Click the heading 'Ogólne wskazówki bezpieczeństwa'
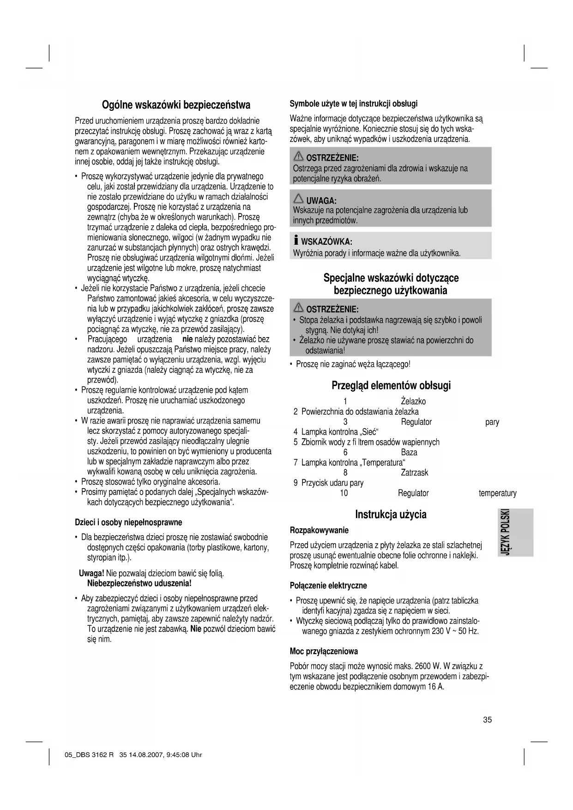click(x=176, y=104)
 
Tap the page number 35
click(x=488, y=719)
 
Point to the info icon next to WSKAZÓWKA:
click(x=296, y=241)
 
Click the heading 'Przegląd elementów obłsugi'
click(x=391, y=386)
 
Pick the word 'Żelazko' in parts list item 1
click(x=413, y=401)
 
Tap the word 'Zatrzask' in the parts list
click(x=414, y=472)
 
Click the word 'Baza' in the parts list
click(x=409, y=452)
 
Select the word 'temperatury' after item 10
click(x=497, y=493)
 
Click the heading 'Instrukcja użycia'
click(x=391, y=514)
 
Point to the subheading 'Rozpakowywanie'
click(x=319, y=530)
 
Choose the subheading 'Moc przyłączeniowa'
click(x=324, y=652)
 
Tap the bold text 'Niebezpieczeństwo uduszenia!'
click(x=139, y=583)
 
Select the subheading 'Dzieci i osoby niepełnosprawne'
click(x=128, y=522)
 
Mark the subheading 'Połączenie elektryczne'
click(x=328, y=586)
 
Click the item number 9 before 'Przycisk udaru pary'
click(x=296, y=483)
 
